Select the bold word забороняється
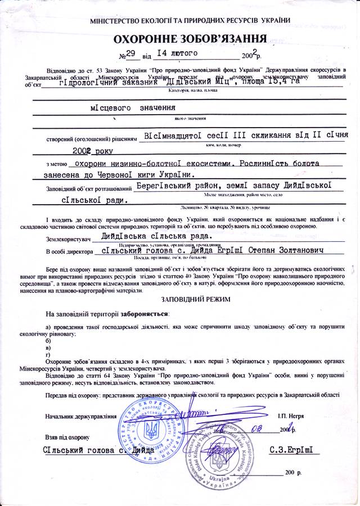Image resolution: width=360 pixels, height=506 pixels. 143,313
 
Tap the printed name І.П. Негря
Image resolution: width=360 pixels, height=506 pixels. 291,417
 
